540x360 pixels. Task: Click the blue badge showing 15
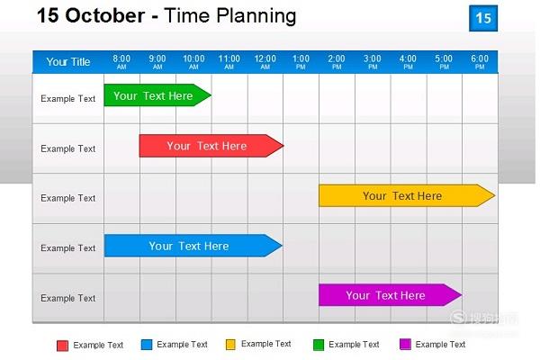483,18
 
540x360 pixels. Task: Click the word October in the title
105,15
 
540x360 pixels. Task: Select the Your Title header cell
68,62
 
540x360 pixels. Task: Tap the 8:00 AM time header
121,62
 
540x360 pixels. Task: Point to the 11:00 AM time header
229,62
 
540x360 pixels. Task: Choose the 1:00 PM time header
301,62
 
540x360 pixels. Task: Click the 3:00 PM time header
373,62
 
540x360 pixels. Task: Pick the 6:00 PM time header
480,62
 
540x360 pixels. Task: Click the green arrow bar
157,95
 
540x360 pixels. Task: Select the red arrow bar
211,146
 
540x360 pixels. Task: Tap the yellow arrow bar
407,195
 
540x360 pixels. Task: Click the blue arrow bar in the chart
193,246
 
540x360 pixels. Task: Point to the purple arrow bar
391,295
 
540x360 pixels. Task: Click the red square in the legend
62,346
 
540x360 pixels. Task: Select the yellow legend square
230,345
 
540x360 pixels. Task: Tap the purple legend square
405,344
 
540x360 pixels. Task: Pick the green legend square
319,345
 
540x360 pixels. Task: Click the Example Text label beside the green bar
67,99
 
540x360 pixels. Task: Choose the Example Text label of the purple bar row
67,298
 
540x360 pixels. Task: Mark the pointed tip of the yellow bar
495,195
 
